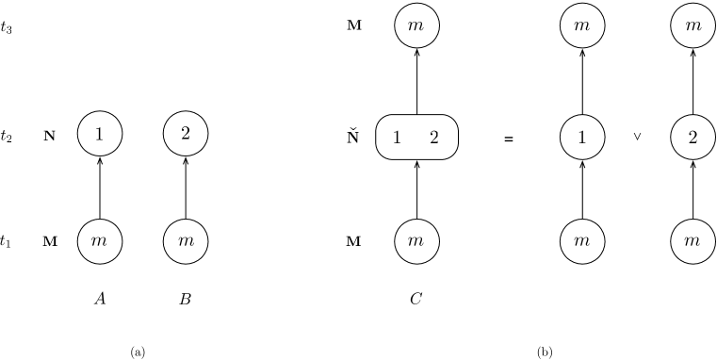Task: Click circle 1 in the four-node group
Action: pyautogui.click(x=100, y=135)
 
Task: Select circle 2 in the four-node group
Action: pyautogui.click(x=186, y=134)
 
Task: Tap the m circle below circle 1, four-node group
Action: pyautogui.click(x=100, y=241)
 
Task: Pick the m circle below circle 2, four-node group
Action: pyautogui.click(x=186, y=241)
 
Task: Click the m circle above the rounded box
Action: pyautogui.click(x=416, y=26)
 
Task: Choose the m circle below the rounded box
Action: pyautogui.click(x=416, y=241)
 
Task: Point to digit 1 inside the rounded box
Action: pyautogui.click(x=397, y=138)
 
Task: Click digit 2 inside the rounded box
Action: pyautogui.click(x=434, y=138)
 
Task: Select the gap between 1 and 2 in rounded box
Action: pyautogui.click(x=416, y=138)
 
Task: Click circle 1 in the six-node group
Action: pyautogui.click(x=582, y=138)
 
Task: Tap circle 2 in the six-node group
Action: pyautogui.click(x=693, y=138)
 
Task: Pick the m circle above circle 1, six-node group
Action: pyautogui.click(x=582, y=26)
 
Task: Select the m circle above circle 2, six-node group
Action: pyautogui.click(x=693, y=26)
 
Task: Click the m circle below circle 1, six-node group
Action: pyautogui.click(x=582, y=241)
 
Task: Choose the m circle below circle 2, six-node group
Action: pyautogui.click(x=693, y=241)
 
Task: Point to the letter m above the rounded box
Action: pyautogui.click(x=416, y=27)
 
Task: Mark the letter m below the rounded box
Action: pyautogui.click(x=416, y=242)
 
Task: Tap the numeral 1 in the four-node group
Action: pyautogui.click(x=100, y=135)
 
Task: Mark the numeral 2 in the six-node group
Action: pyautogui.click(x=693, y=138)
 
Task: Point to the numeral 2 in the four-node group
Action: pyautogui.click(x=186, y=134)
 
